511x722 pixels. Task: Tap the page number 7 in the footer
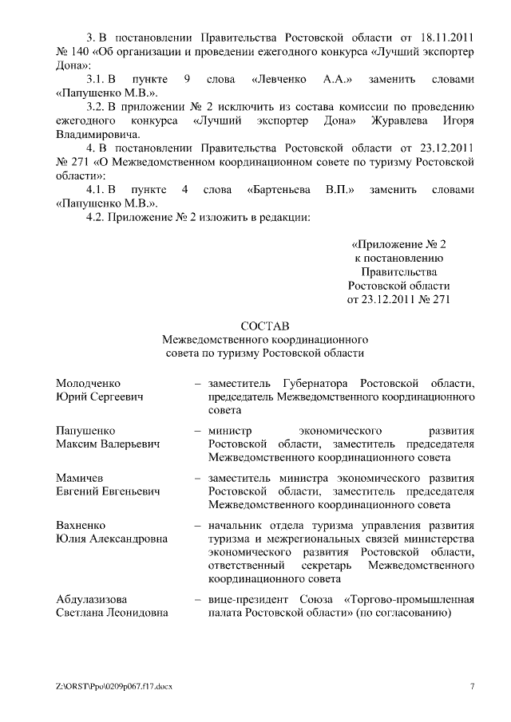(x=472, y=686)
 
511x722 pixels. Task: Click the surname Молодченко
(x=89, y=383)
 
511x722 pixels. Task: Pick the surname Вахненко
(x=83, y=526)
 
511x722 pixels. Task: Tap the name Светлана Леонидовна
(x=112, y=614)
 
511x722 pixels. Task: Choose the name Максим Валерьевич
(x=108, y=444)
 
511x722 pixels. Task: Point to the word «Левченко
(x=280, y=80)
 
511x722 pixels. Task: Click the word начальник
(x=238, y=526)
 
